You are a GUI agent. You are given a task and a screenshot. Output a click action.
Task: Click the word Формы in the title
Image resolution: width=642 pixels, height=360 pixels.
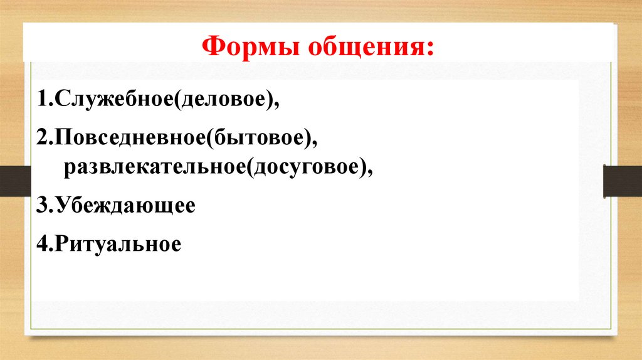247,46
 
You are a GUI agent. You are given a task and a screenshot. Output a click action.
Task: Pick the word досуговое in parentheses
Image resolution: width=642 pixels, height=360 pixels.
307,167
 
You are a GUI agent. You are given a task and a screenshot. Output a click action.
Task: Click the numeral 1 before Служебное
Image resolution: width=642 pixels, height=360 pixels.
41,100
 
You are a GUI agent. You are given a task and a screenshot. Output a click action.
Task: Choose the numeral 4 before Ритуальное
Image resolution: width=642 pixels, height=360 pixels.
41,243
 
